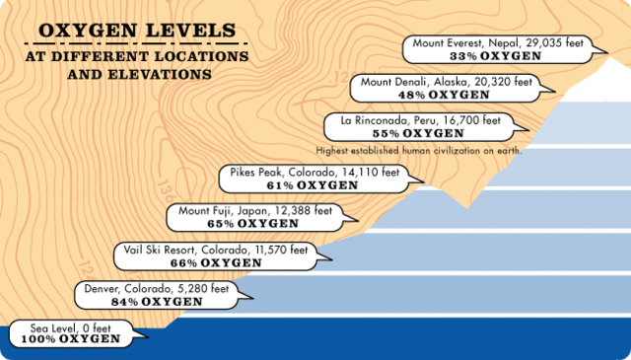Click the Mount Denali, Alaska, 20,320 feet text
[449, 82]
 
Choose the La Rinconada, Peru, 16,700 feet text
[421, 119]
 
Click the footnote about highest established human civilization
[418, 150]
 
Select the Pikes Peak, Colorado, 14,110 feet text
[315, 172]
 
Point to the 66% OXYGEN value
[215, 263]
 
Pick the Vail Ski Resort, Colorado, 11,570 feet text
[215, 251]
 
